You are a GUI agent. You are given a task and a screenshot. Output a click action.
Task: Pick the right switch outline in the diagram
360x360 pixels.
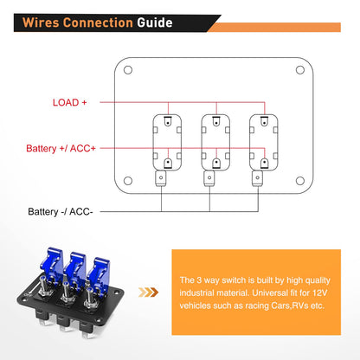258,141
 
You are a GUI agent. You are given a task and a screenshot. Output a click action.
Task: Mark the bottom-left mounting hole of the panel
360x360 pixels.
128,180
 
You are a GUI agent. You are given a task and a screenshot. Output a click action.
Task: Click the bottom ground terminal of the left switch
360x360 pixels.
160,179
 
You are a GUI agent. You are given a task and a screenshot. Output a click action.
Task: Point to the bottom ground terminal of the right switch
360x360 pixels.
258,179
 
